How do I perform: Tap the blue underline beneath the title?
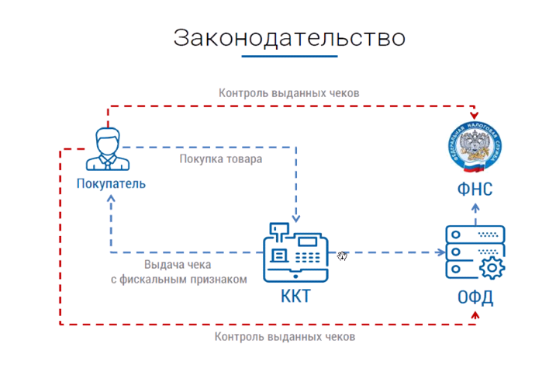288,56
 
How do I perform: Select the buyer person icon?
107,148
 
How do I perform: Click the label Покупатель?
111,184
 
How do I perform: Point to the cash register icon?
295,253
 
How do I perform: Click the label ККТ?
297,297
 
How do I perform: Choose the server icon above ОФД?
475,252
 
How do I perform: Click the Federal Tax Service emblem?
474,147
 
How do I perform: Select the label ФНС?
474,189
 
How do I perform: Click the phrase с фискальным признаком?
183,279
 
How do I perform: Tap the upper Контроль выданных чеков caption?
288,92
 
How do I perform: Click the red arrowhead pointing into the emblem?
474,114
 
